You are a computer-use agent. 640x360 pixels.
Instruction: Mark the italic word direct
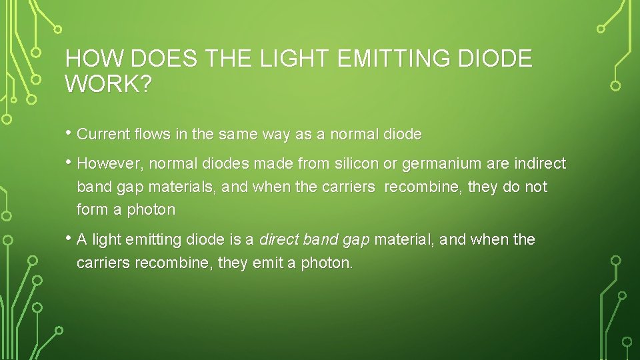pos(278,239)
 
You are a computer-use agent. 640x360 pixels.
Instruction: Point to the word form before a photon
pos(93,210)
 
